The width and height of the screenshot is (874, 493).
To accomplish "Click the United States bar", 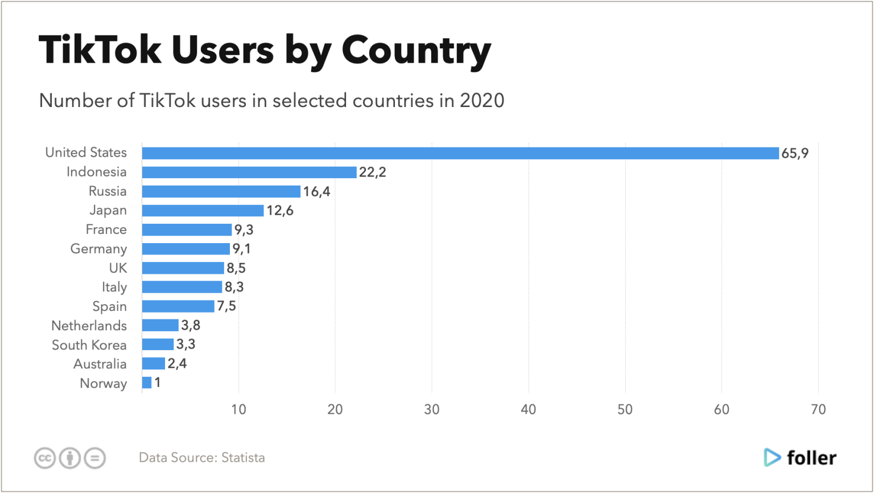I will point(460,153).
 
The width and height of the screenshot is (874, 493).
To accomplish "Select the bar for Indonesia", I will point(249,172).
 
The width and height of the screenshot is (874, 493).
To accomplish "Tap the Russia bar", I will point(221,191).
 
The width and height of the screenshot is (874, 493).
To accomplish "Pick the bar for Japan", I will point(203,211).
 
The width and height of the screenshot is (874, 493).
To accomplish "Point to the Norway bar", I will point(147,383).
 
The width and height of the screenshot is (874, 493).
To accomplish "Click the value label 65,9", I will point(795,153).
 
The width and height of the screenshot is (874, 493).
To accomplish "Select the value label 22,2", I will point(372,172).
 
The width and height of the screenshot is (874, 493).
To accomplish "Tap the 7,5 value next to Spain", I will point(226,306).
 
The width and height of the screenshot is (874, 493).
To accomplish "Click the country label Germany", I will point(98,249).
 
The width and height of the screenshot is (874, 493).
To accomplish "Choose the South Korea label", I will point(89,345).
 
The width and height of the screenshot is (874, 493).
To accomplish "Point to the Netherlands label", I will point(89,326).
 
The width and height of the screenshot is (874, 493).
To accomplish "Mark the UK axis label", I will point(118,268).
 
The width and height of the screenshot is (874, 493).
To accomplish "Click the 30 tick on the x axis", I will point(432,410).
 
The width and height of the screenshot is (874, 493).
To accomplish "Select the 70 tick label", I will point(818,410).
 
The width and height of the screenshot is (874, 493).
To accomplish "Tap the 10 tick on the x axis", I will point(239,410).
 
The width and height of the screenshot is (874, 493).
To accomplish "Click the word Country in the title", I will point(415,51).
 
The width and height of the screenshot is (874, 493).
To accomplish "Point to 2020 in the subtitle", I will point(481,101).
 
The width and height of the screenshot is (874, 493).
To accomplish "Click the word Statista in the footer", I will point(243,458).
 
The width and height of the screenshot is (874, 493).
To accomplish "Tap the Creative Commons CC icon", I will point(44,458).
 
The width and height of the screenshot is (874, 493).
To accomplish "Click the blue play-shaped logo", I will point(772,457).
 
